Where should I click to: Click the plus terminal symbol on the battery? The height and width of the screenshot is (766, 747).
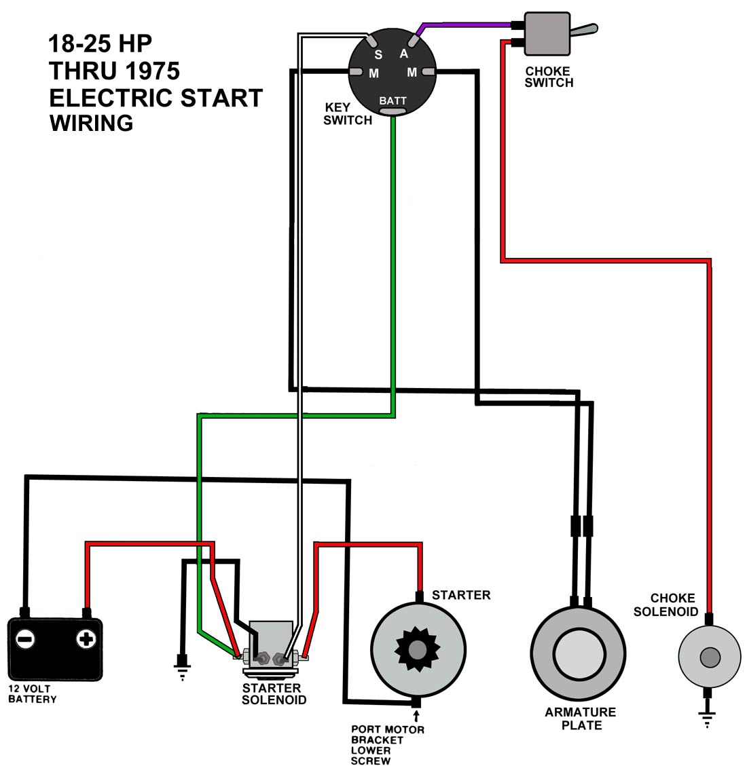tap(85, 638)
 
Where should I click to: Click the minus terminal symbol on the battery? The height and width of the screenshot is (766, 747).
tap(26, 638)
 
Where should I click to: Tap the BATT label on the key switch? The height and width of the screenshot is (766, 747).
tap(393, 101)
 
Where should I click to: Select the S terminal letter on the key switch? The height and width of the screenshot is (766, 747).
tap(378, 55)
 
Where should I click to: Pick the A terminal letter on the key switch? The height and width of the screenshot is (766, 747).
tap(403, 54)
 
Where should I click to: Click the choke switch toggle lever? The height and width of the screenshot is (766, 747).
tap(584, 30)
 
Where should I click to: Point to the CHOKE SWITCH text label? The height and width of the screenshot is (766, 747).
tap(549, 77)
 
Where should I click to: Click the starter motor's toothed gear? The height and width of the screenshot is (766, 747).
tap(416, 649)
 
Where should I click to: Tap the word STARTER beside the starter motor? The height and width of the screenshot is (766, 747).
tap(460, 595)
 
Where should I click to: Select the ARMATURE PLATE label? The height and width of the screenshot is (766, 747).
tap(581, 719)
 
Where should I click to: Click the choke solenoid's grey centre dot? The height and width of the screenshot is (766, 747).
tap(710, 657)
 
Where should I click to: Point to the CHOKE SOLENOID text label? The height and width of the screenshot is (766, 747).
tap(666, 605)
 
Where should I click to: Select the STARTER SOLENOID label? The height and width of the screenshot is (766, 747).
tap(274, 694)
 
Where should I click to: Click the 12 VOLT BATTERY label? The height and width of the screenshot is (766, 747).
tap(32, 694)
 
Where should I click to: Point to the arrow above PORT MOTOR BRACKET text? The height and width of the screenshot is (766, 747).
tap(416, 716)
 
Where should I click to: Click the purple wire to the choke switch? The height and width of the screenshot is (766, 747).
tap(469, 25)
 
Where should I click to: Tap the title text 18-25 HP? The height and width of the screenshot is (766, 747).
tap(100, 43)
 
